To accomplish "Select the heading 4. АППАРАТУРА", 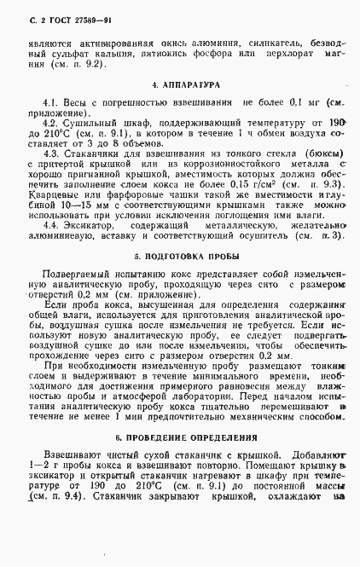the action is pyautogui.click(x=185, y=86).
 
